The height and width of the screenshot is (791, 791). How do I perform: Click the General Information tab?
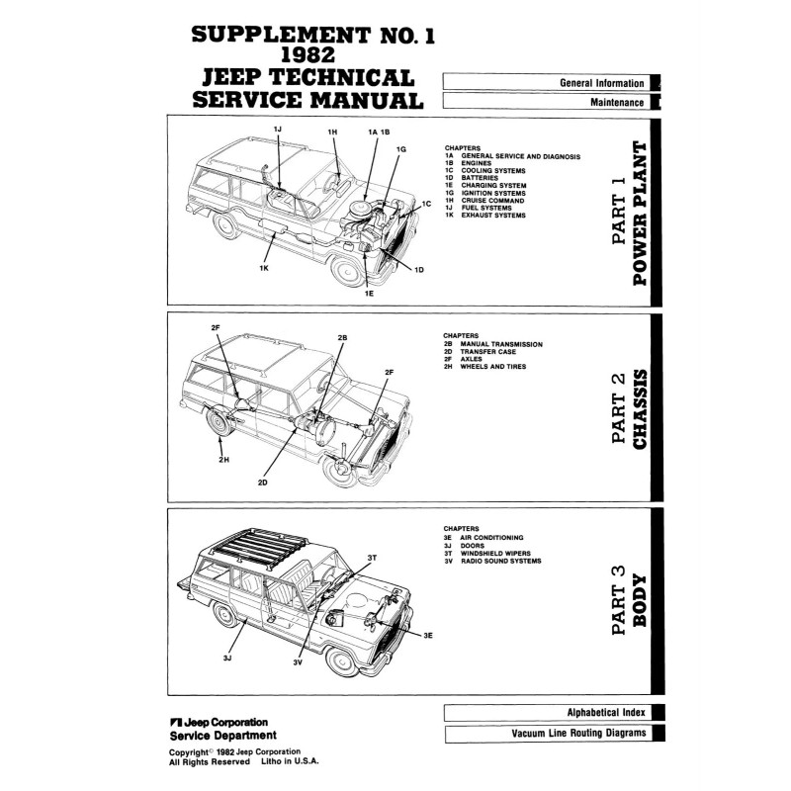tap(601, 83)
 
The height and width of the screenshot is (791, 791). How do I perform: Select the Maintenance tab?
tap(616, 102)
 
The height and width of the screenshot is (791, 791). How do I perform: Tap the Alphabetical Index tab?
tap(604, 712)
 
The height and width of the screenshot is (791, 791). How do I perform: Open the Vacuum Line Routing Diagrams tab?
tap(578, 734)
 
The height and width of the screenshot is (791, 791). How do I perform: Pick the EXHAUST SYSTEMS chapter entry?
tap(493, 216)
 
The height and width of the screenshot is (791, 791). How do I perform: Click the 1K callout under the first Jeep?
tap(265, 268)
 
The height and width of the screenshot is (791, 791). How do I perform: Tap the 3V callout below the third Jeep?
tap(297, 662)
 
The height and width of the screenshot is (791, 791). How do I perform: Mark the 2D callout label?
tap(263, 483)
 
